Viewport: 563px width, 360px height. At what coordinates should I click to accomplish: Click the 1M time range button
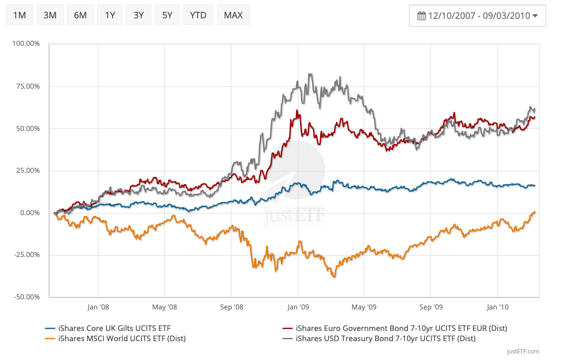pyautogui.click(x=19, y=15)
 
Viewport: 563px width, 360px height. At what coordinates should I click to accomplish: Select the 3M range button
pyautogui.click(x=50, y=15)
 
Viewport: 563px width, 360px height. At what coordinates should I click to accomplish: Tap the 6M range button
pyautogui.click(x=80, y=15)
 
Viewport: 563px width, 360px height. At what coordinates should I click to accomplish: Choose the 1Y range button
pyautogui.click(x=110, y=15)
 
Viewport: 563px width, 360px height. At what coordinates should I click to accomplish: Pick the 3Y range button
pyautogui.click(x=139, y=15)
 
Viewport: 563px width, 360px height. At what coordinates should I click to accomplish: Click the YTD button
pyautogui.click(x=198, y=15)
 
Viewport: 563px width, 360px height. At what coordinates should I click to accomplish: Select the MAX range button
pyautogui.click(x=233, y=15)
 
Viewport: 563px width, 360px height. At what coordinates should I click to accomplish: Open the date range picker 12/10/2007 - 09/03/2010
pyautogui.click(x=477, y=16)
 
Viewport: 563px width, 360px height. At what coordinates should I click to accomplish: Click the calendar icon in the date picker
pyautogui.click(x=421, y=16)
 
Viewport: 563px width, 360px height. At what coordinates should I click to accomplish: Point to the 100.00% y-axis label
pyautogui.click(x=26, y=44)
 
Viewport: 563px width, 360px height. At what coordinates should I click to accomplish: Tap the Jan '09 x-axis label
pyautogui.click(x=298, y=307)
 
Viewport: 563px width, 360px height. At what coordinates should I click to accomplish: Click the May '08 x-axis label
pyautogui.click(x=165, y=307)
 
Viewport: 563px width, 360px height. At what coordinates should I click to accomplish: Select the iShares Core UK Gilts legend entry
pyautogui.click(x=115, y=328)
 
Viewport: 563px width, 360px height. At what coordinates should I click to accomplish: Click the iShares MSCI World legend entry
pyautogui.click(x=122, y=338)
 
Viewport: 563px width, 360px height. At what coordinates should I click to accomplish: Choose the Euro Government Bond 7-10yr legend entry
pyautogui.click(x=401, y=328)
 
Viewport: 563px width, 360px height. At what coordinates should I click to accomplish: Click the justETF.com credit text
pyautogui.click(x=523, y=351)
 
